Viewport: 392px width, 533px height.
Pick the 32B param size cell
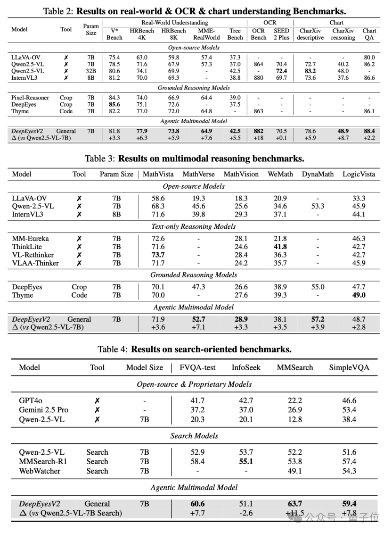[x=91, y=71]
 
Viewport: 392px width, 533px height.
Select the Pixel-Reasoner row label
[x=30, y=98]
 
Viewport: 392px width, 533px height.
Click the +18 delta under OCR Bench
[x=258, y=138]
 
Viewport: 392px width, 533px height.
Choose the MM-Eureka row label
[x=30, y=239]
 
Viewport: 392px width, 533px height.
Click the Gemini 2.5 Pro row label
[x=44, y=410]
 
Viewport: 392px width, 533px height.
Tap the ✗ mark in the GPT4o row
[x=97, y=401]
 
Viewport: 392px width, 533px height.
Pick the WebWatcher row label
[x=40, y=471]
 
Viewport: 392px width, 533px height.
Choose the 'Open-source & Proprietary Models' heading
[x=194, y=384]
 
